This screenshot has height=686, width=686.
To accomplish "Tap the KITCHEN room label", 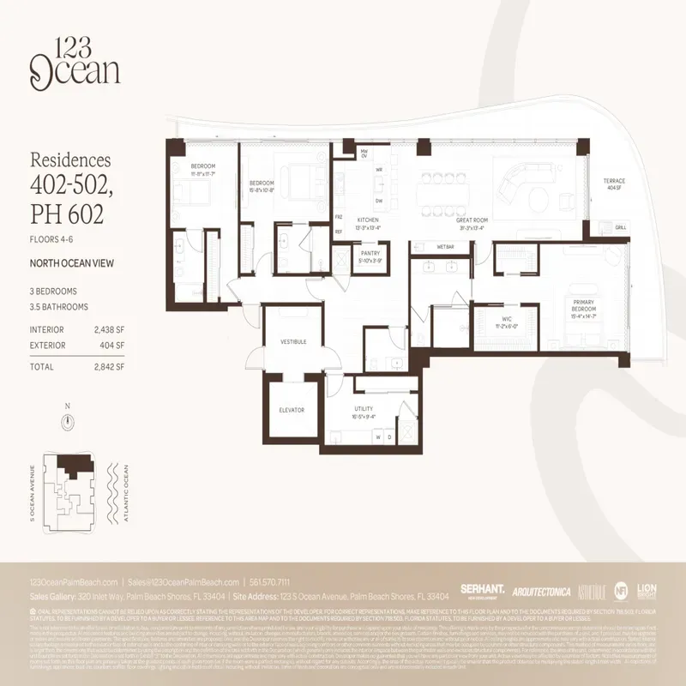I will click(x=367, y=220).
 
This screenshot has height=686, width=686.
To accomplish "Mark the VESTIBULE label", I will click(x=293, y=341).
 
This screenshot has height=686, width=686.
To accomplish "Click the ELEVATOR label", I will click(x=292, y=410).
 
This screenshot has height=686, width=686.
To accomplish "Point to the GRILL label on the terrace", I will click(x=620, y=227).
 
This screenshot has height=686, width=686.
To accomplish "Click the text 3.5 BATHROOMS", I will click(x=58, y=306).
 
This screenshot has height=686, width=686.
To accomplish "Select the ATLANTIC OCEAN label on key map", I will click(x=125, y=481).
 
